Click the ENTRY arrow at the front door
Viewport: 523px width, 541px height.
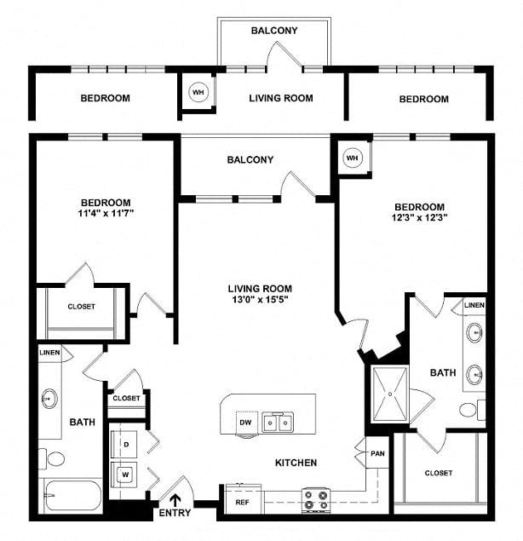pos(175,500)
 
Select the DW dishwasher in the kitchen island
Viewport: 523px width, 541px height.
pos(246,423)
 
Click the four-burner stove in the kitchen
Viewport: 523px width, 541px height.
pos(316,500)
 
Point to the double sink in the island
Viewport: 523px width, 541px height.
pos(278,422)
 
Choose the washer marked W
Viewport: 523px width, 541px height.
pos(124,475)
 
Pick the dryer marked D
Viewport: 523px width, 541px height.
pos(124,445)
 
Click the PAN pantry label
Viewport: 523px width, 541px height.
pos(377,453)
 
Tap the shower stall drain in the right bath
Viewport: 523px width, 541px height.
pos(390,394)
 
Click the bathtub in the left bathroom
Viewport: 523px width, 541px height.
pos(73,496)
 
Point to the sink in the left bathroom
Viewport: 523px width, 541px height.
pos(49,399)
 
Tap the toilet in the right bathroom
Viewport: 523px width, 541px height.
pos(473,410)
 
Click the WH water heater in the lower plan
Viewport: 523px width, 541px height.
pos(353,158)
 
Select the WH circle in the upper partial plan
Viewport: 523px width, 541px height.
pos(198,92)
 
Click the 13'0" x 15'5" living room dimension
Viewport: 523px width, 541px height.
pos(260,299)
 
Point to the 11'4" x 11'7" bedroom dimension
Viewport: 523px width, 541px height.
pos(106,213)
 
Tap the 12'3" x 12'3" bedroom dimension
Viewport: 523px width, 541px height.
pos(419,217)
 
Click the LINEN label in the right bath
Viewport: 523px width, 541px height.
pos(474,305)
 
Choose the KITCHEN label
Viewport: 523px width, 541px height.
pos(296,463)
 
